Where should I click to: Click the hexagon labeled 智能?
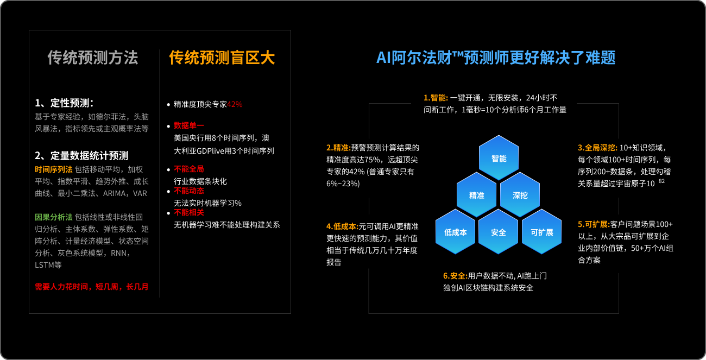tap(499, 157)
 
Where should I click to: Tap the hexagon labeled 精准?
tap(477, 195)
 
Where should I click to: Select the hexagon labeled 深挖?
tap(520, 195)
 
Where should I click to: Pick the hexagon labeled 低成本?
tap(456, 232)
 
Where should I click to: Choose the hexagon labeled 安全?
tap(499, 232)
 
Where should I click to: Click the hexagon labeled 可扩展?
tap(542, 232)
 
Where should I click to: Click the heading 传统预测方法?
tap(93, 58)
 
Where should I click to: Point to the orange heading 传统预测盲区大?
tap(222, 58)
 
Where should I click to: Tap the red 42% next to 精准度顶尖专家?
tap(235, 104)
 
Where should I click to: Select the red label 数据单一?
tap(189, 125)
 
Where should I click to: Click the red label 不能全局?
tap(189, 169)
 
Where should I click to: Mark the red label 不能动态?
tap(189, 191)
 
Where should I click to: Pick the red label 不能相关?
tap(189, 212)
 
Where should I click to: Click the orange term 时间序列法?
tap(54, 169)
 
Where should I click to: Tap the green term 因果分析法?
tap(54, 217)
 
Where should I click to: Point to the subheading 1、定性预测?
tap(64, 103)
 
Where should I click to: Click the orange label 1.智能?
tap(436, 98)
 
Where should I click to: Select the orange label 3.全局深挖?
tap(597, 148)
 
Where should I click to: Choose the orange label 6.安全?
tap(456, 276)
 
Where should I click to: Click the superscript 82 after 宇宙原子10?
tap(662, 181)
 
